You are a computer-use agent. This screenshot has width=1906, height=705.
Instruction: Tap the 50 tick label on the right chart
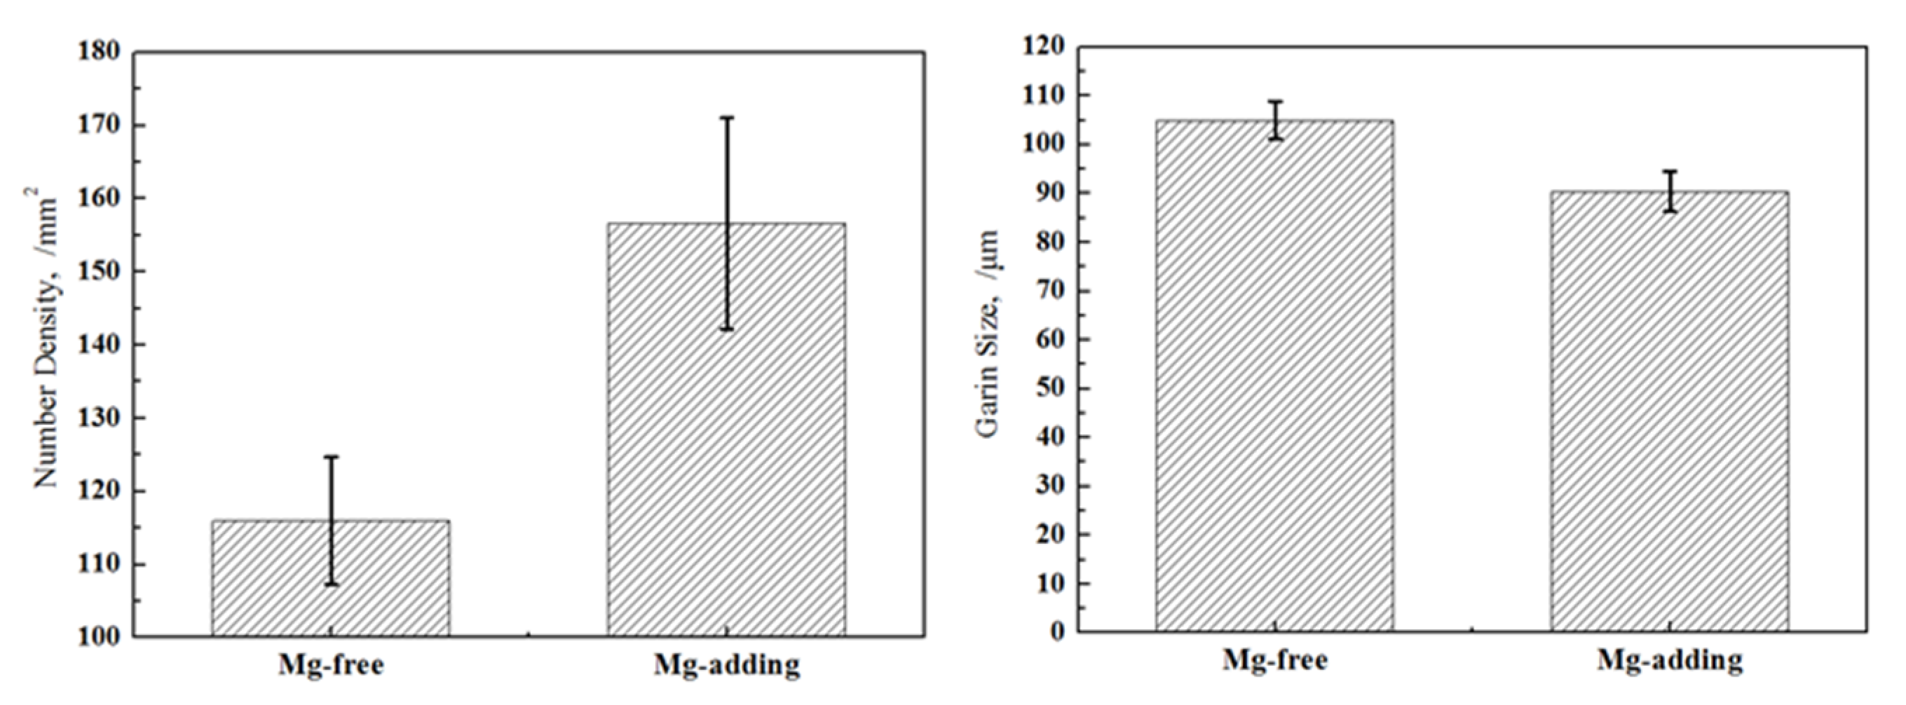[x=1051, y=388]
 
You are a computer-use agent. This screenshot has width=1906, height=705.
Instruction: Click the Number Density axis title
[x=46, y=341]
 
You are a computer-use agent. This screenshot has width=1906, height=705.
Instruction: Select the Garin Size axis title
[x=988, y=333]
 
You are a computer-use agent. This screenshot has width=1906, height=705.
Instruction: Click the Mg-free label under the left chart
[x=331, y=665]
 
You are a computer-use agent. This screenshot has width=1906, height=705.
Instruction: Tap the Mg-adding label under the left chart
[x=727, y=665]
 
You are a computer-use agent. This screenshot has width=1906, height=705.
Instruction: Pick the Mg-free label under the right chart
[x=1275, y=659]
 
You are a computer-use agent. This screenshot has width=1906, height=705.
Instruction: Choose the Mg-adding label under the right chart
[x=1670, y=659]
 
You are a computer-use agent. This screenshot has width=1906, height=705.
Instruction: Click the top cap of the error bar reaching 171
[x=727, y=118]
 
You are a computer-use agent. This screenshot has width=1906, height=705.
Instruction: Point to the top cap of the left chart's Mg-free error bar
[x=331, y=457]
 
